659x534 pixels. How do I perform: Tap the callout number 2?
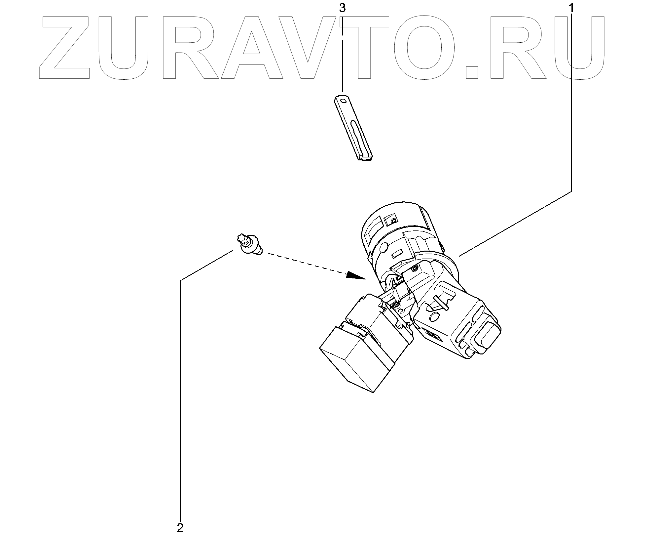coord(180,528)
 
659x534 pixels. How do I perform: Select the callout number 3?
coord(342,9)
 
